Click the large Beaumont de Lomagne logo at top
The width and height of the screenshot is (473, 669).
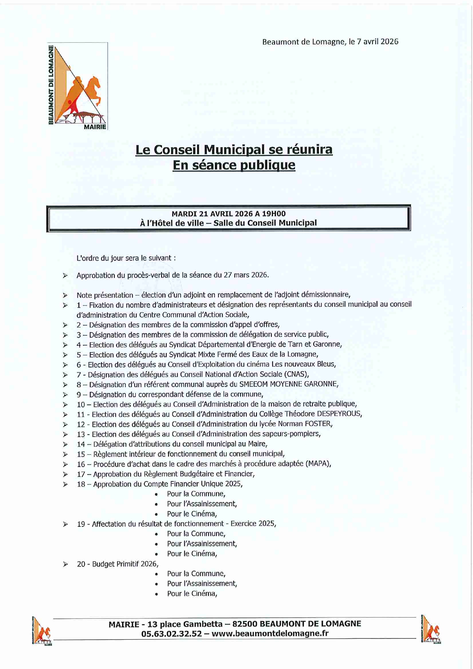pos(78,87)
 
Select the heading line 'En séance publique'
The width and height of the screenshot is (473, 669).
pos(234,165)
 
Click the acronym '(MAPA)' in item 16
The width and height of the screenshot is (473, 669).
pos(318,464)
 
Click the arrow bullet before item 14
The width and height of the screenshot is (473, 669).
pos(66,444)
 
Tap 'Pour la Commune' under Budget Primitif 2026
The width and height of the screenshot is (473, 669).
pos(196,573)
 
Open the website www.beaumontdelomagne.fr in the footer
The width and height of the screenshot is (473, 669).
pos(270,634)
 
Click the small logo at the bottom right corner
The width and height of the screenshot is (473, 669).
pos(431,629)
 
